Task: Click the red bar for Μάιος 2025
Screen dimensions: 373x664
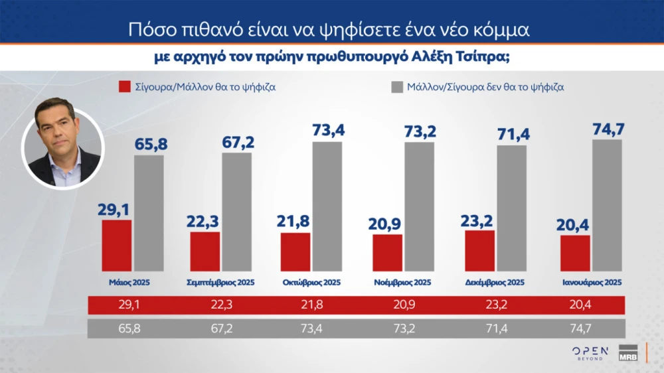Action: (x=116, y=246)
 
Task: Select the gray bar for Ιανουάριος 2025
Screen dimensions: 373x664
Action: (x=607, y=206)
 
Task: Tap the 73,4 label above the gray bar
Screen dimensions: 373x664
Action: (x=327, y=130)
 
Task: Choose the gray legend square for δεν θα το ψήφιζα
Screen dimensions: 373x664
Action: (x=396, y=87)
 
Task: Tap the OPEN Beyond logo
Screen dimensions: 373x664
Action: (x=590, y=353)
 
